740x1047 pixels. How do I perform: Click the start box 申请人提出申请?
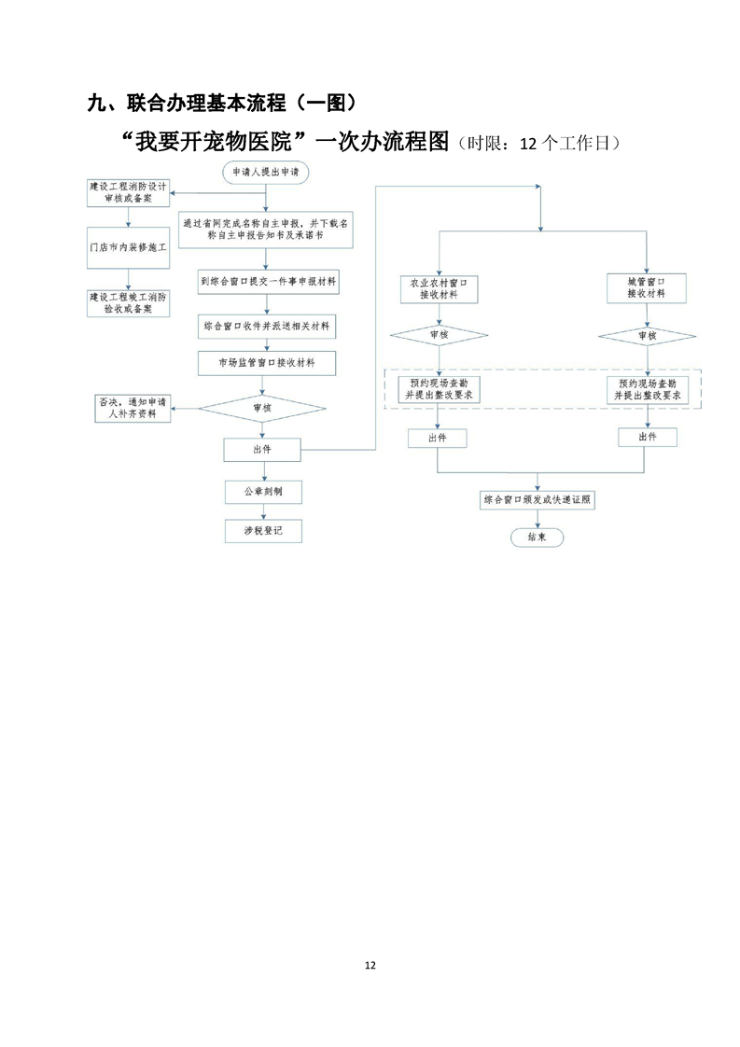(x=266, y=173)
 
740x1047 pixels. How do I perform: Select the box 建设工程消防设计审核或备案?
(x=128, y=193)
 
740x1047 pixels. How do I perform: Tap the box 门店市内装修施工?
(x=129, y=247)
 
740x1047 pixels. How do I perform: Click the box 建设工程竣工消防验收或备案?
(x=129, y=302)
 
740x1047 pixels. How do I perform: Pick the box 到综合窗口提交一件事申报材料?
(x=268, y=280)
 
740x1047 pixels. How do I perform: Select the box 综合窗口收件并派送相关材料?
(x=268, y=327)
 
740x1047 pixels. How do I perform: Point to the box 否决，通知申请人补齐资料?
(x=133, y=408)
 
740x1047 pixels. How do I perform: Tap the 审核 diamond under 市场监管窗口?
(x=263, y=407)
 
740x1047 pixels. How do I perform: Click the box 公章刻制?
(x=263, y=491)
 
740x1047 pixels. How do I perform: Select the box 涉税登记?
(x=263, y=530)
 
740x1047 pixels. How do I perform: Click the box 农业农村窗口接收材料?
(x=439, y=287)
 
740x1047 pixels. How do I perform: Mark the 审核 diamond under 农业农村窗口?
(x=439, y=335)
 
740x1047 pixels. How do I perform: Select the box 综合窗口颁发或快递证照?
(x=538, y=499)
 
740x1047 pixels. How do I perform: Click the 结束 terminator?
(x=538, y=537)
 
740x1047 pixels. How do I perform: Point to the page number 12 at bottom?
(x=370, y=965)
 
